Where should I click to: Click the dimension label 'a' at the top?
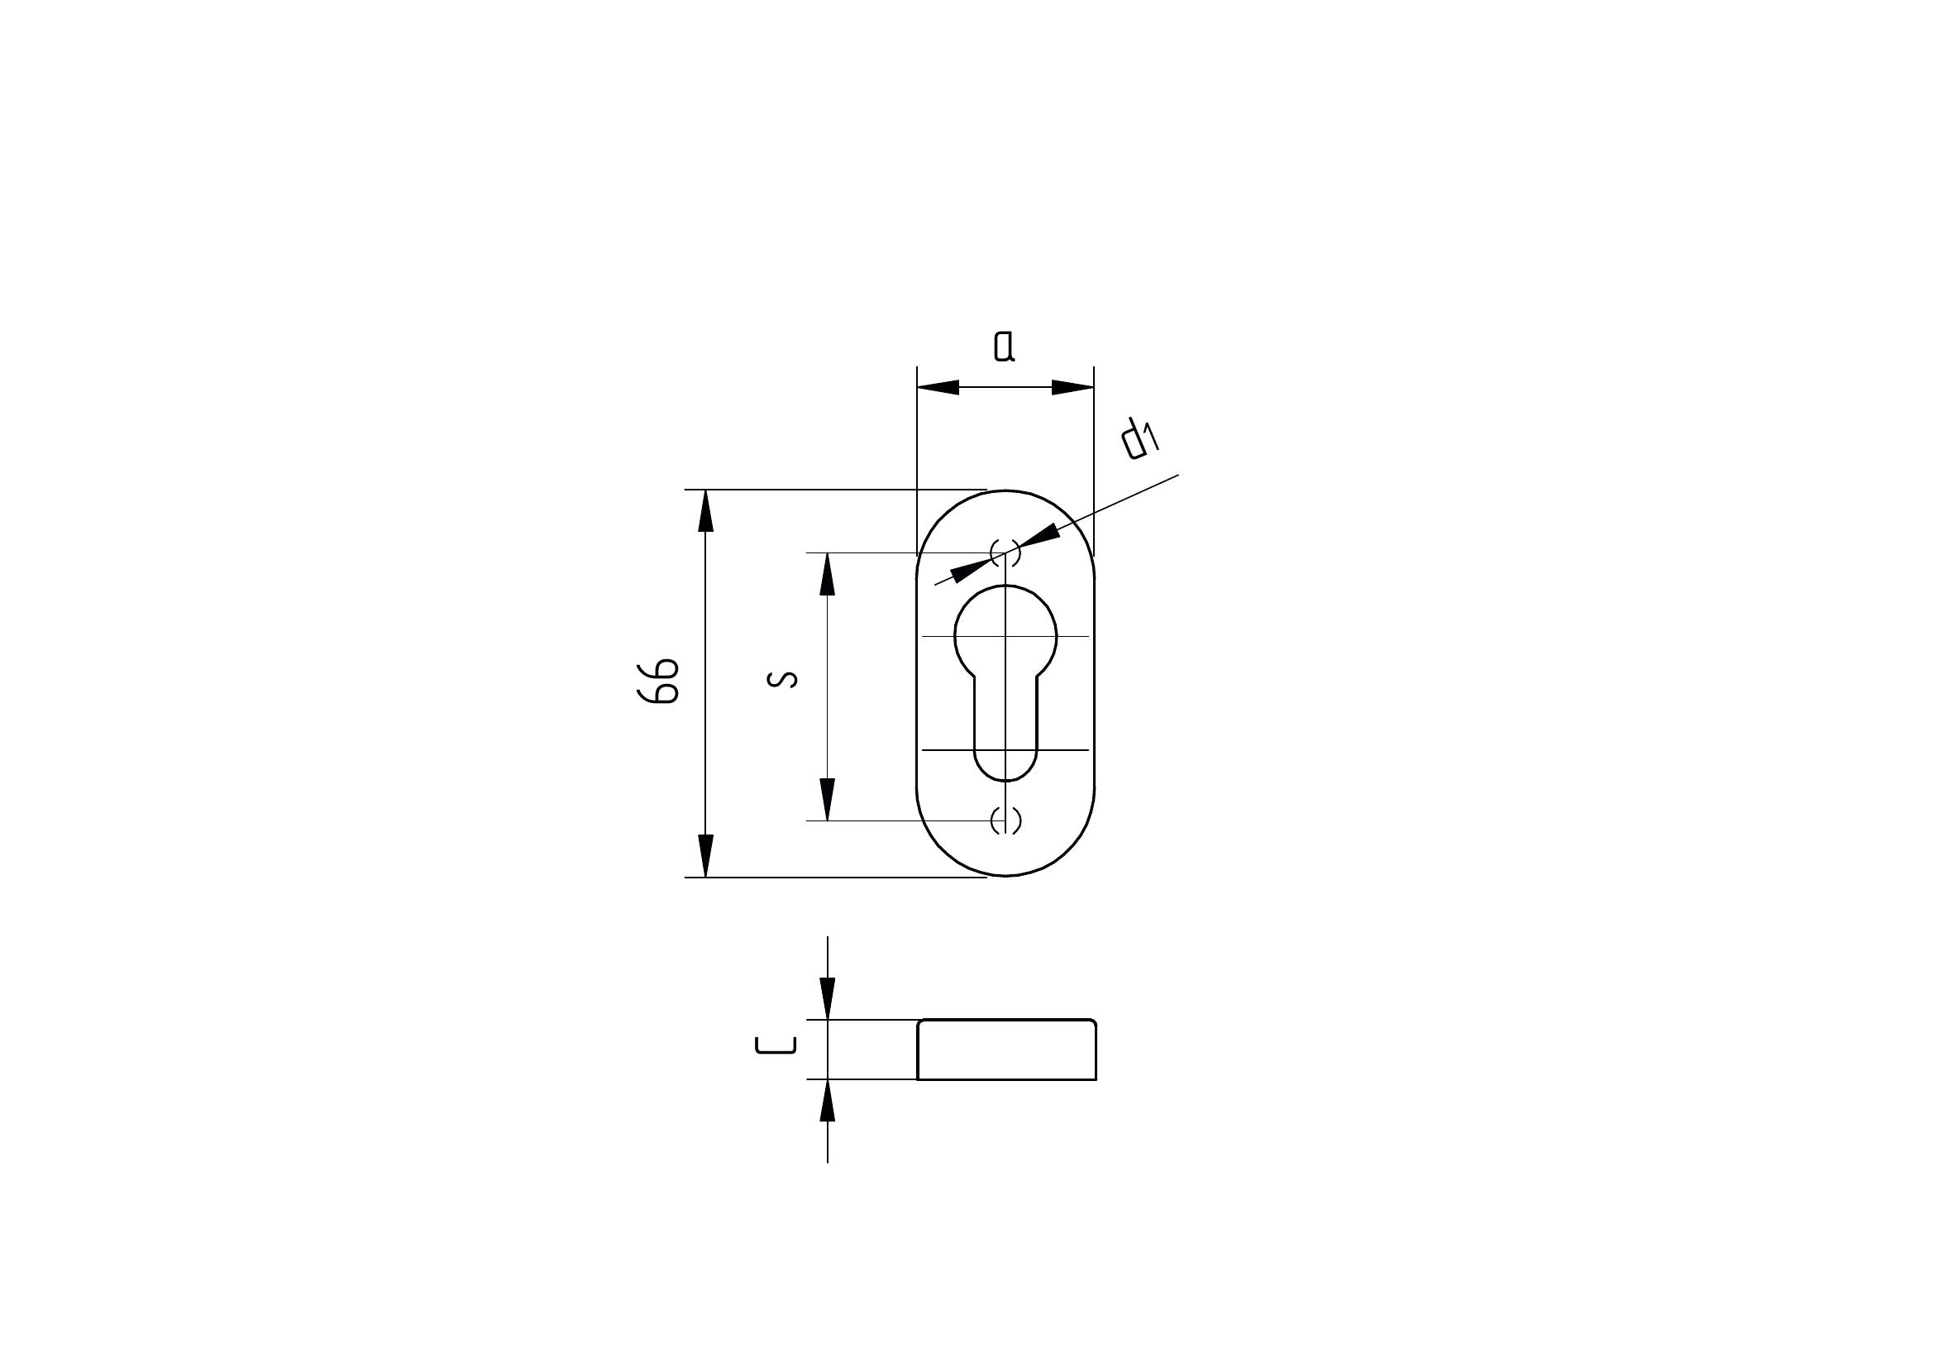tap(1004, 346)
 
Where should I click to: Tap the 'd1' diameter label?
tap(1140, 440)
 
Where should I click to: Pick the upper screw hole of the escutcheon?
tap(1005, 552)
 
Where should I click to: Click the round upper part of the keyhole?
tap(1005, 634)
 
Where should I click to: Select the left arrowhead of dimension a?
tap(938, 387)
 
